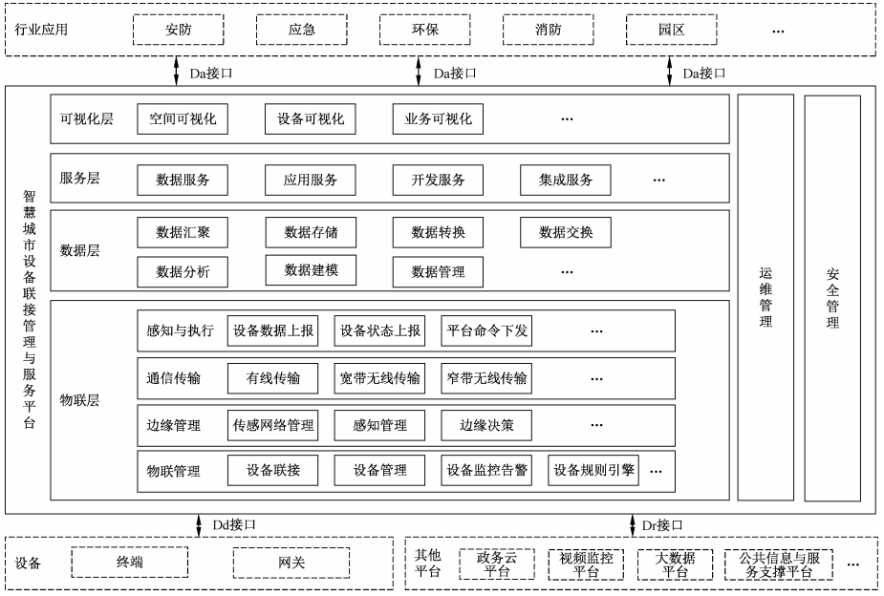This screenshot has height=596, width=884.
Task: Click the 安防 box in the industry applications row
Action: [x=178, y=30]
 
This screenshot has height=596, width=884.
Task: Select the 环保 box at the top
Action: [x=424, y=30]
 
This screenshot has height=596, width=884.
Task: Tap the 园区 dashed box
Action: [x=671, y=30]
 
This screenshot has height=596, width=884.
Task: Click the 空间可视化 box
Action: [x=183, y=119]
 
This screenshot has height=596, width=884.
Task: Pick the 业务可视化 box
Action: [x=438, y=119]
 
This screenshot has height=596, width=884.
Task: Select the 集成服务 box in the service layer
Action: [x=566, y=180]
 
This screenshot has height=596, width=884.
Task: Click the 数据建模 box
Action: [x=311, y=270]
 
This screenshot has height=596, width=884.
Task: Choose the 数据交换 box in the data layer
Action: [x=566, y=232]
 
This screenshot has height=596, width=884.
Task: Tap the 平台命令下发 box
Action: [x=486, y=331]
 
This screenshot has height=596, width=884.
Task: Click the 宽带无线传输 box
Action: [x=379, y=378]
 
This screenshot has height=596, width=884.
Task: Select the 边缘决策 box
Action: [x=486, y=424]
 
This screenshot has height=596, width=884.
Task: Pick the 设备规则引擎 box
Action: [x=594, y=470]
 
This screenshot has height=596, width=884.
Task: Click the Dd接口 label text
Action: [x=233, y=524]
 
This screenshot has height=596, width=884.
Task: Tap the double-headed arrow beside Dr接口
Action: [x=632, y=524]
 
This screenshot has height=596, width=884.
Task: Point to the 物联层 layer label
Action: [x=79, y=400]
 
